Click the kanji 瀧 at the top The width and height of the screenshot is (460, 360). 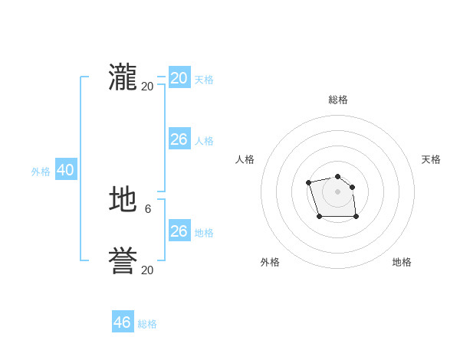click(123, 78)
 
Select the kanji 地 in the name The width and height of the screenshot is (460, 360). click(123, 201)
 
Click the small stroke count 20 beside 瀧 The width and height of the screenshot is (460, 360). click(147, 86)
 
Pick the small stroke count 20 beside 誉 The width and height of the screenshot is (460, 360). click(147, 270)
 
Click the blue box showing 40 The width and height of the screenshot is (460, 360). click(65, 170)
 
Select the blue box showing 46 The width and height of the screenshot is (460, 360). click(123, 322)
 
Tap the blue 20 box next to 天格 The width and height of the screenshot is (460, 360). click(179, 78)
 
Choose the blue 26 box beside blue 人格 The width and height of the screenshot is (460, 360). click(179, 139)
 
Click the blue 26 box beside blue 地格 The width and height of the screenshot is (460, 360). click(179, 231)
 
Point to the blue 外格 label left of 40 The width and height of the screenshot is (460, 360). click(41, 172)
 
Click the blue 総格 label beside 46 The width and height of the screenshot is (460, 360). click(147, 324)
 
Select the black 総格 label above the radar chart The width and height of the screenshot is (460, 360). click(338, 100)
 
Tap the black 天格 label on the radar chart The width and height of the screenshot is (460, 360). click(431, 159)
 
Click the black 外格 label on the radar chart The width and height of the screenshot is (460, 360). click(270, 262)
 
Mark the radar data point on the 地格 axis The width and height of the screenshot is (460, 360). click(356, 217)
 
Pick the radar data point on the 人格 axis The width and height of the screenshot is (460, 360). click(308, 182)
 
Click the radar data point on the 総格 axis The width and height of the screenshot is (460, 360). click(338, 177)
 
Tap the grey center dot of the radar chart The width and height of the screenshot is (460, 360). click(338, 191)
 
